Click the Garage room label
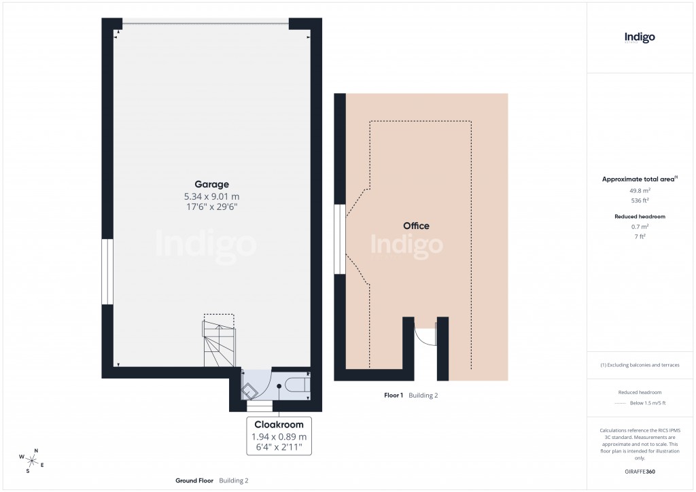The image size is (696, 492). click(211, 184)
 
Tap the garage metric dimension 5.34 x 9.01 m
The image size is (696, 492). click(211, 196)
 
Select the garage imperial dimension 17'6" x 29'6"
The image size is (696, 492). click(211, 207)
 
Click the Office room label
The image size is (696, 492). click(416, 226)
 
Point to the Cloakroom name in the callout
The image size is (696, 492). click(279, 425)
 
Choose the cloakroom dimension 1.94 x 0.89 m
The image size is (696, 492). click(279, 436)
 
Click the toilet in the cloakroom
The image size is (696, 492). click(296, 385)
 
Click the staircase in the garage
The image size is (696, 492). click(219, 344)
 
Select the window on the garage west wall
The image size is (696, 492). click(107, 271)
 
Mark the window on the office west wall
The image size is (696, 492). click(339, 240)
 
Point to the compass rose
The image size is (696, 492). click(31, 459)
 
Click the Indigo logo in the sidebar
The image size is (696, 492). click(640, 38)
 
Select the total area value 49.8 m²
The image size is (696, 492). click(640, 191)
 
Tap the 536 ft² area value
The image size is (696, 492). click(640, 200)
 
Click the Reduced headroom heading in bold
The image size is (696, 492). click(640, 216)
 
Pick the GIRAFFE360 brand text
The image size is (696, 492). click(640, 472)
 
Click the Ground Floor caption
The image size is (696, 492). click(194, 480)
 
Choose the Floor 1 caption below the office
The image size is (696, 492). click(393, 395)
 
